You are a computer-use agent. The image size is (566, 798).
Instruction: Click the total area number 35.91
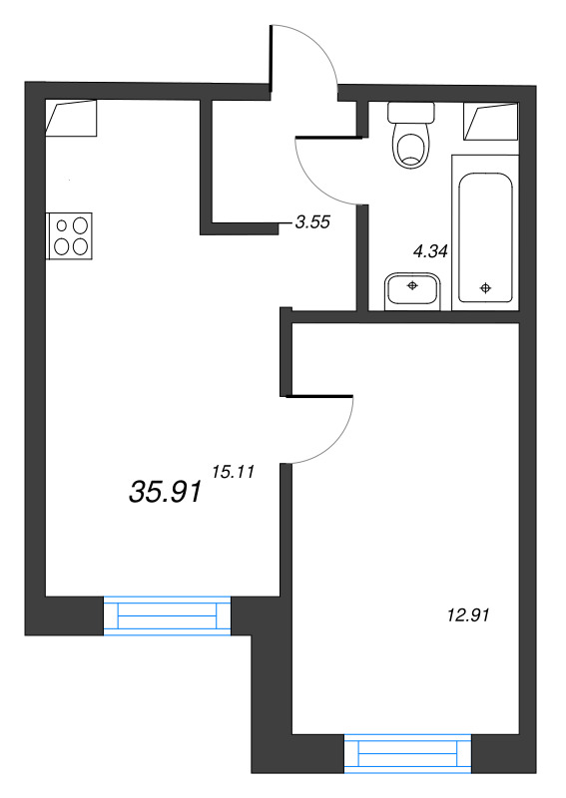pos(166,493)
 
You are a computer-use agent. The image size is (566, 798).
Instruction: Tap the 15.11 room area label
pos(233,472)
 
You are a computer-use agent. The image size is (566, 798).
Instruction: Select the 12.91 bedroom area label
pos(468,615)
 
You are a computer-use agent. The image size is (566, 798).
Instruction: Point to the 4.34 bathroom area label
pos(430,251)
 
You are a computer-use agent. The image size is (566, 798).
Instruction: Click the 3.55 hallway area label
pos(312,221)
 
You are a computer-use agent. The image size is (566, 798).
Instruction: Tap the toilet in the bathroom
pos(411,135)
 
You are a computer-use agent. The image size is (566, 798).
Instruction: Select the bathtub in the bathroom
pos(485,232)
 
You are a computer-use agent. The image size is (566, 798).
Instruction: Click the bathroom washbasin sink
pos(412,291)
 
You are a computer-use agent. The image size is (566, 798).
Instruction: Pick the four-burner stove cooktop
pos(69,236)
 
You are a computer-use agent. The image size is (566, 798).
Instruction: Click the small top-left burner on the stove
pos(62,225)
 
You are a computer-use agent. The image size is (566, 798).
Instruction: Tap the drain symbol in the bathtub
pos(486,288)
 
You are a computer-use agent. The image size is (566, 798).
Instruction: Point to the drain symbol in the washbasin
pos(412,285)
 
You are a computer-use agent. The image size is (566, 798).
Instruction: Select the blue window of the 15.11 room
pos(167,615)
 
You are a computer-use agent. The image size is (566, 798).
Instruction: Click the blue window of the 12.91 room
pos(407,754)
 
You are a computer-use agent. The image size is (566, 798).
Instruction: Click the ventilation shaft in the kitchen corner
pos(71,118)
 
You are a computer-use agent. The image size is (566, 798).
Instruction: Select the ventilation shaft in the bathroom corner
pos(490,122)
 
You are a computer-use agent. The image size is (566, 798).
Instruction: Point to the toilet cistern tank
pos(411,112)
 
